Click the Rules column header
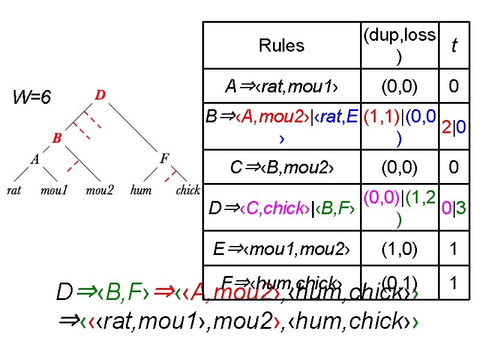tap(281, 46)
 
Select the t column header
tap(454, 46)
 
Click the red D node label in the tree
tap(101, 95)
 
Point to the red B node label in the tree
tap(57, 139)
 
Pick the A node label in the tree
tap(35, 159)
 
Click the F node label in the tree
tap(164, 159)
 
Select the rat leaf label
tap(13, 191)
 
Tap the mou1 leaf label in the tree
tap(54, 191)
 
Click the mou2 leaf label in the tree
tap(100, 191)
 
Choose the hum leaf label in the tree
tap(140, 191)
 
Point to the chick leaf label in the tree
tap(187, 191)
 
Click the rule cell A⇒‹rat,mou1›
tap(281, 87)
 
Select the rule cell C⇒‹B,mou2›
tap(281, 167)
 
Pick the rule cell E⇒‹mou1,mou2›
tap(281, 248)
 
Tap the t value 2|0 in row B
tap(454, 127)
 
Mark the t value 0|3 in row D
tap(454, 208)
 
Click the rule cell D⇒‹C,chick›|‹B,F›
tap(281, 209)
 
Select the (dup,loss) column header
tap(399, 46)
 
